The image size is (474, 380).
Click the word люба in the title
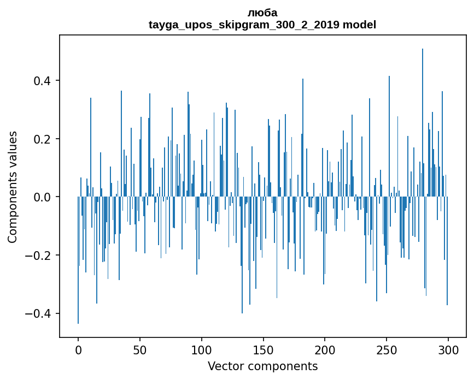tap(262, 13)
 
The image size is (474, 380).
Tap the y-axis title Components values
tap(13, 187)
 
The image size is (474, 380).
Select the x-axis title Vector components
tap(262, 366)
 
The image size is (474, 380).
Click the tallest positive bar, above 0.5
tap(423, 109)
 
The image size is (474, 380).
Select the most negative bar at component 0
tap(78, 262)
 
